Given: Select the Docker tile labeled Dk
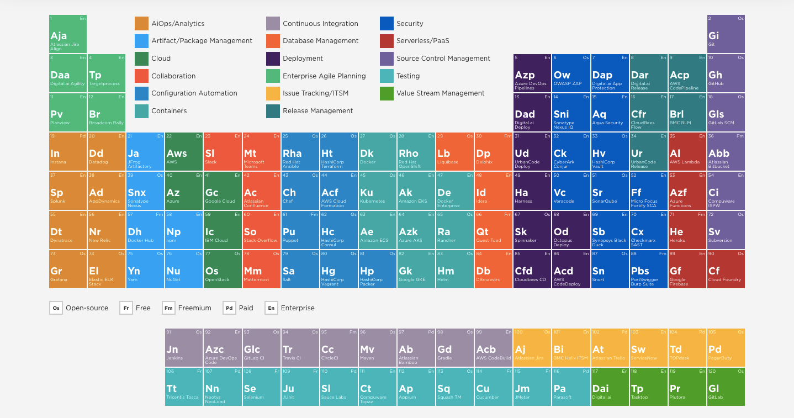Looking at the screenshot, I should (x=377, y=152).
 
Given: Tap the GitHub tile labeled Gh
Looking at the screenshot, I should (x=726, y=73).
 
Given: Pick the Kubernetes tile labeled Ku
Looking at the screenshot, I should (x=377, y=191).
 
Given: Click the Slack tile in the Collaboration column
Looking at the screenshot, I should (x=223, y=152).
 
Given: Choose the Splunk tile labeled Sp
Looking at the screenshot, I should (x=68, y=191).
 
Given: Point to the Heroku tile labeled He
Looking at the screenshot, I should (x=687, y=230).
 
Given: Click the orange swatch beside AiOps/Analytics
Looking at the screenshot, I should (x=142, y=24).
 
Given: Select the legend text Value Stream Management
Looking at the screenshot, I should (x=440, y=93).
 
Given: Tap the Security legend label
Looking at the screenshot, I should (x=410, y=24).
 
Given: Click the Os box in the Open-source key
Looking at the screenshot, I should (x=56, y=308).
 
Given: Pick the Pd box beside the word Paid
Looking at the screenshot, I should (x=229, y=308).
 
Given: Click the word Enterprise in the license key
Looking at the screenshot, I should (x=298, y=308).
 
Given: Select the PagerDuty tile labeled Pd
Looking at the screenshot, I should (x=726, y=348).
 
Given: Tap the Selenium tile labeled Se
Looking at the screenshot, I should (x=261, y=387).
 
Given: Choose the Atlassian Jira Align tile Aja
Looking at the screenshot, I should (x=68, y=34).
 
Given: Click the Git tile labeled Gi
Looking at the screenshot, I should (x=726, y=34).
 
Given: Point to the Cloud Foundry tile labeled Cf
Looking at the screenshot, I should (x=726, y=269).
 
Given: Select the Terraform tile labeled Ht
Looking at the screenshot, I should (x=338, y=152).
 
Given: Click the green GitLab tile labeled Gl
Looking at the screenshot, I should (x=726, y=387).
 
